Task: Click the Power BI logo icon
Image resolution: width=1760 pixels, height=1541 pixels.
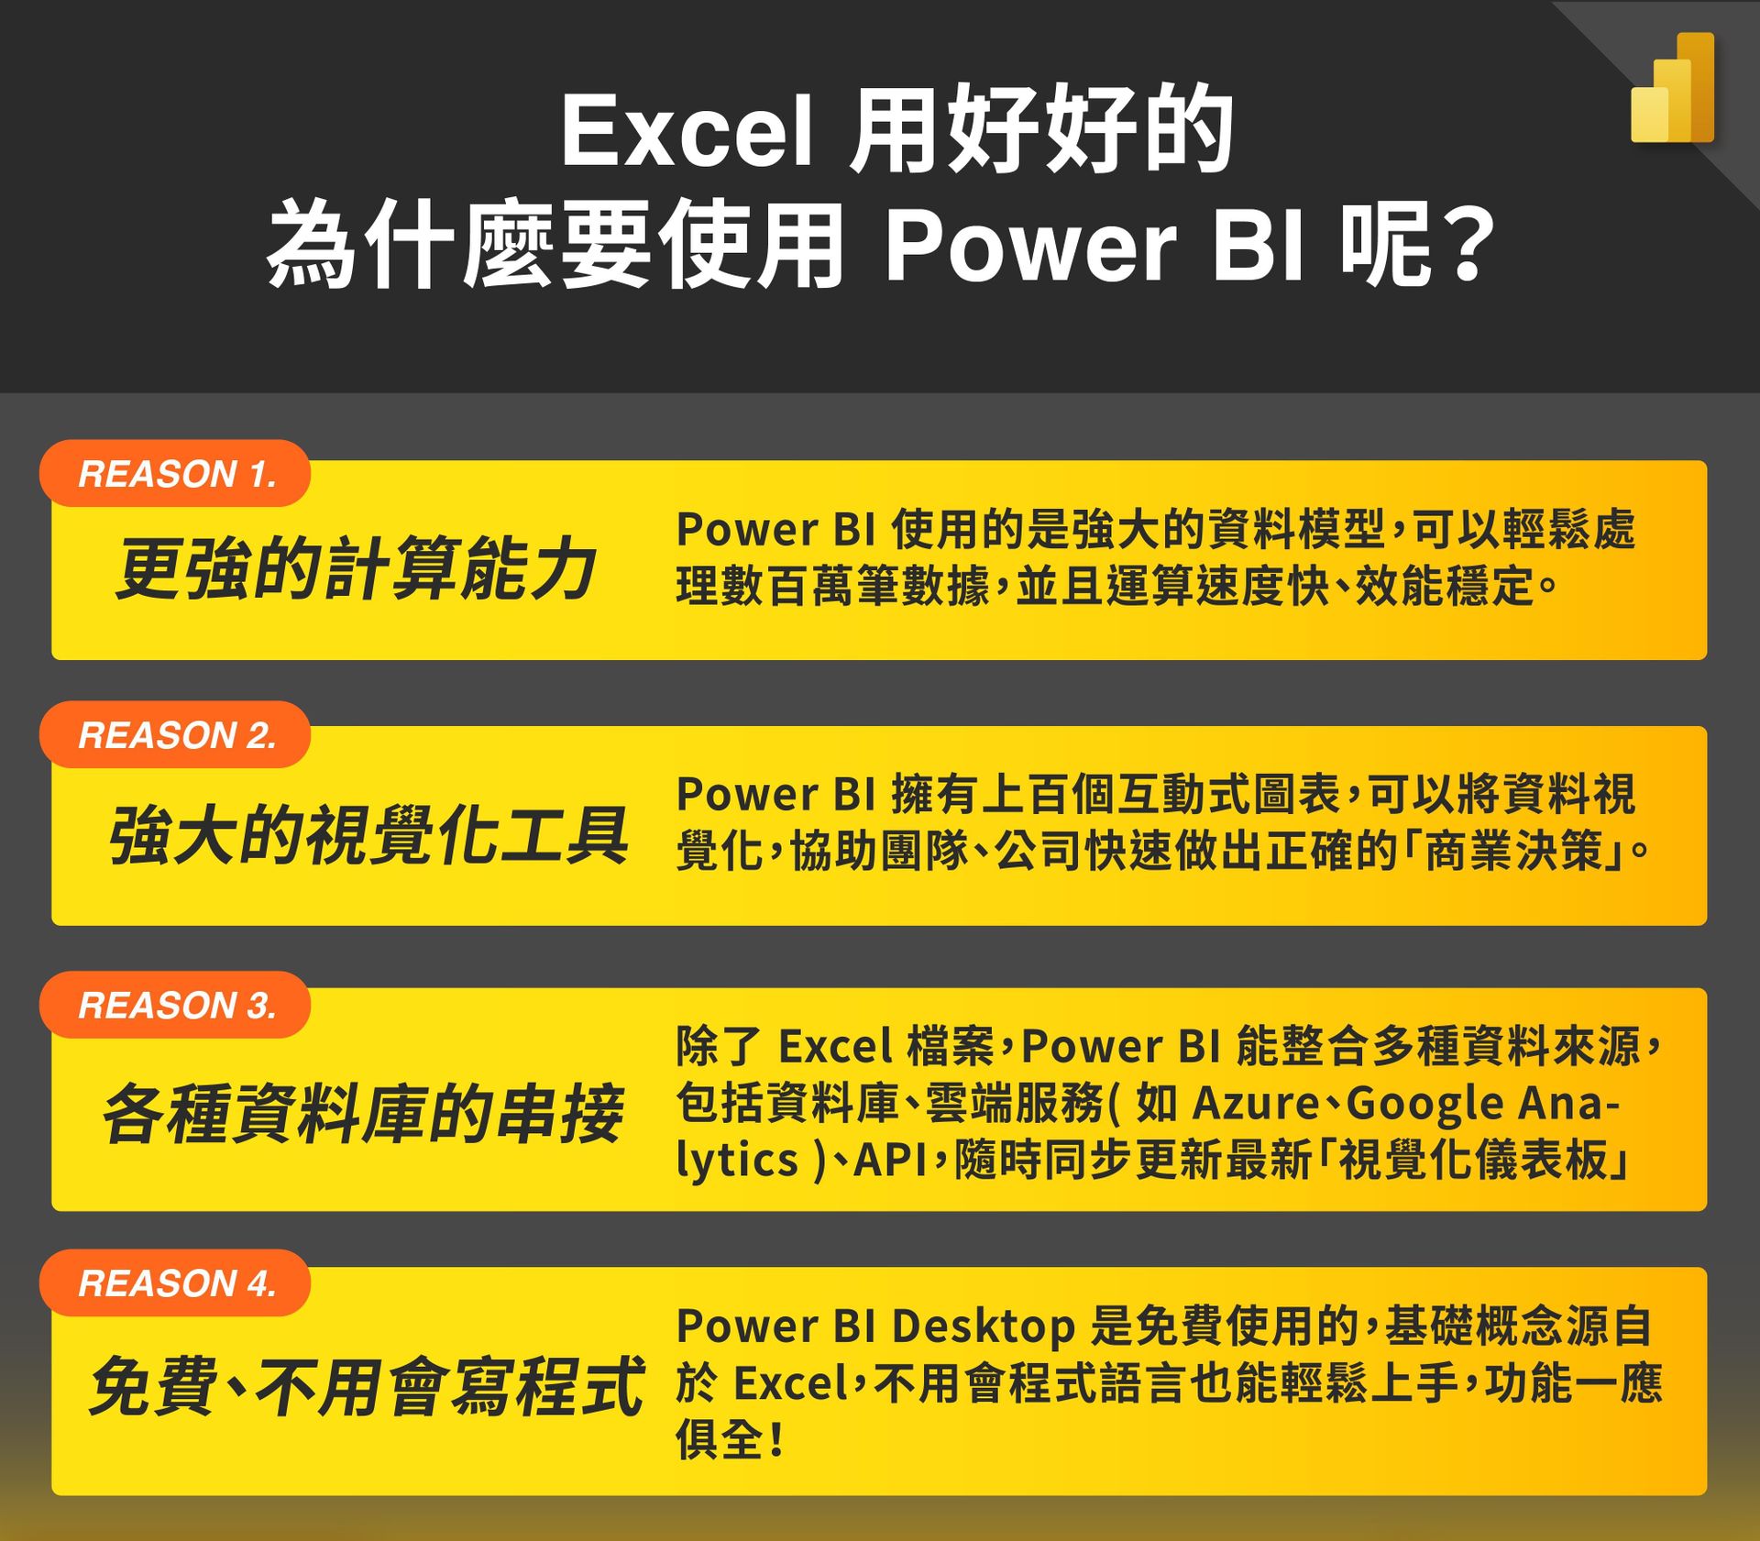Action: tap(1672, 88)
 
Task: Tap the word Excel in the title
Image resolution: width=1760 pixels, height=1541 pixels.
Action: tap(687, 133)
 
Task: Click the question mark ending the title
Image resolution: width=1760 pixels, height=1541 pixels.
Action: tap(1468, 246)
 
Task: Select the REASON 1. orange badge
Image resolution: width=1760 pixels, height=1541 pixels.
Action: tap(175, 473)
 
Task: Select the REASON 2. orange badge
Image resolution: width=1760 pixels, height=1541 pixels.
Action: tap(175, 734)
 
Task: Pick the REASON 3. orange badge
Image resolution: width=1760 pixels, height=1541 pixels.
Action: tap(175, 1005)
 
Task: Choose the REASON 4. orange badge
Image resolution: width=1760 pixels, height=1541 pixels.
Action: tap(175, 1282)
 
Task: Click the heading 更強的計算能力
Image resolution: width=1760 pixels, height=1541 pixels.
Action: tap(356, 568)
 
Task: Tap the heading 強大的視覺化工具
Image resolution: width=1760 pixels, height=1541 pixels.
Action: tap(368, 835)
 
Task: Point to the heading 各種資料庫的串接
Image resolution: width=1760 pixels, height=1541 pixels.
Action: tap(363, 1114)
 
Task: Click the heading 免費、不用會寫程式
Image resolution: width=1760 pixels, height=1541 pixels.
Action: tap(367, 1387)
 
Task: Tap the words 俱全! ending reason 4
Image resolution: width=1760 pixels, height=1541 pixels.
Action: tap(731, 1439)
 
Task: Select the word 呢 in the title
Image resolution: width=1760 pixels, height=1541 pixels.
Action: tap(1384, 245)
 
